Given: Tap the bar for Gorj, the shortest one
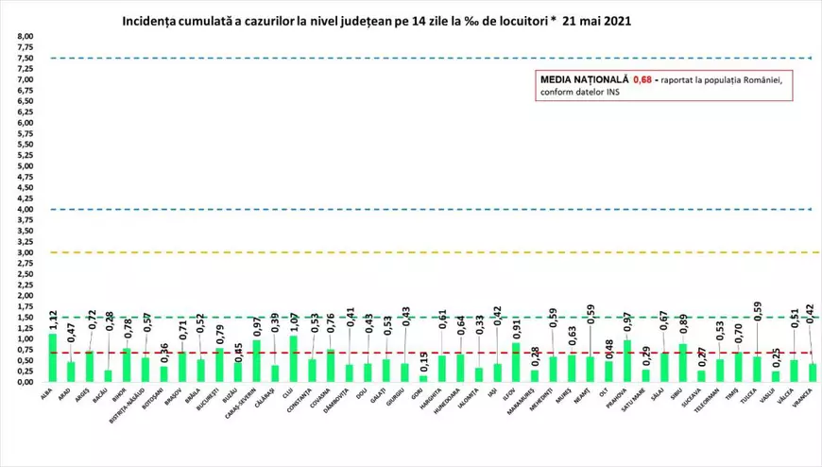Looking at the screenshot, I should [424, 378].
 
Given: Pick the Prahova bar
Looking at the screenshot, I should [625, 360].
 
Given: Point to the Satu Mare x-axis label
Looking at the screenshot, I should [644, 401].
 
